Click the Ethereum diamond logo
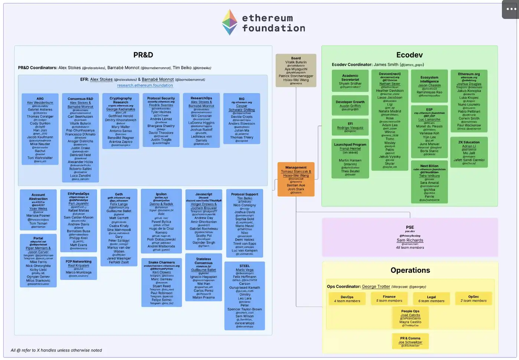(229, 22)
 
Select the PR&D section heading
(143, 55)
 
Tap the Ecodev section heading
(409, 55)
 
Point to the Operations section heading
(410, 270)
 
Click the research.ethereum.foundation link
(145, 85)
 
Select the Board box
(296, 71)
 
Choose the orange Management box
(296, 180)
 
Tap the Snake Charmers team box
(161, 282)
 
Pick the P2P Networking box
(78, 268)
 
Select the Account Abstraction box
(38, 210)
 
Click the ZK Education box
(469, 152)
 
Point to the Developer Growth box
(350, 105)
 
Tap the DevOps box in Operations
(347, 299)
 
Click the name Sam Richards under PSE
(410, 240)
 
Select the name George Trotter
(376, 287)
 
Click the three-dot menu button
(511, 9)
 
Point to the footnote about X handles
(56, 350)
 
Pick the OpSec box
(473, 298)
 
